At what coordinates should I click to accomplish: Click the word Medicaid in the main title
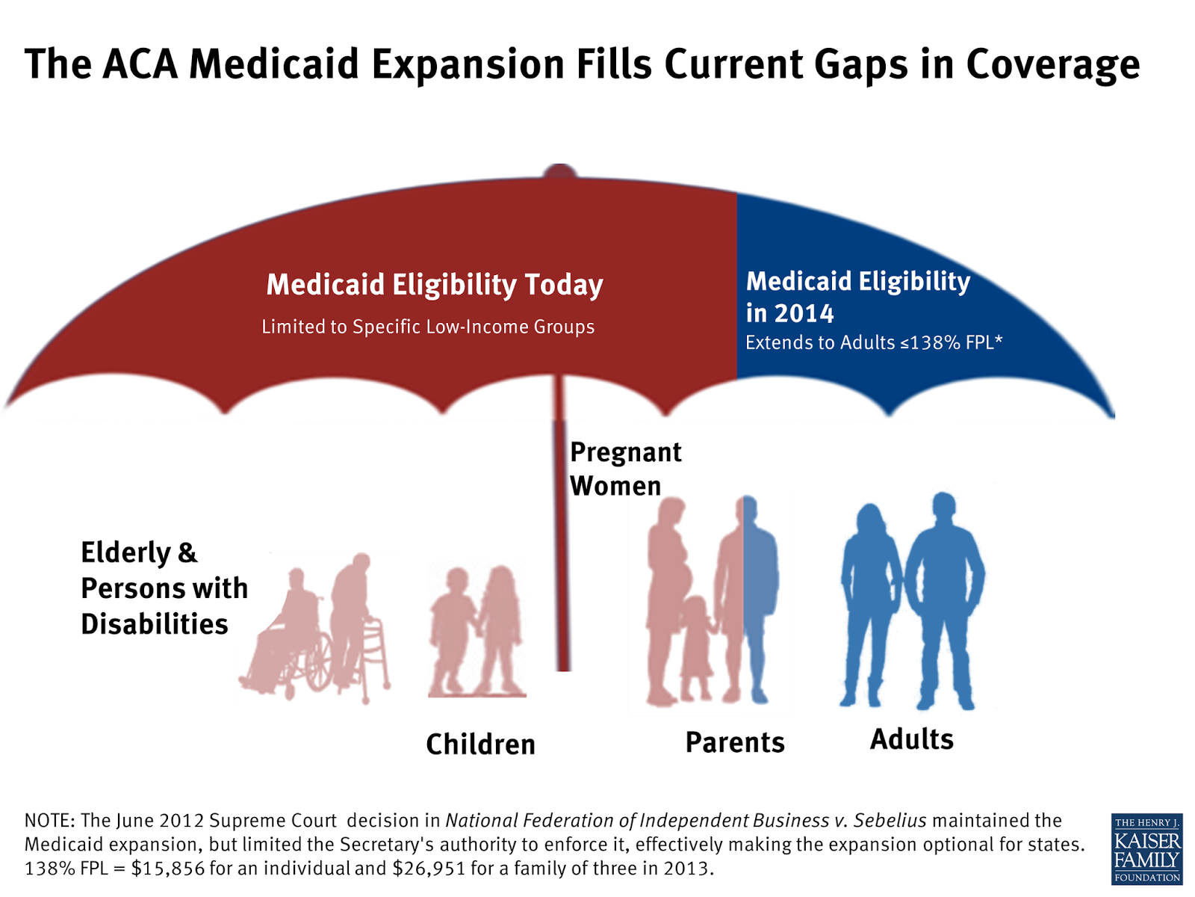coord(274,64)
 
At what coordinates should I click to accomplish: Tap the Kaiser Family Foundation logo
coord(1146,848)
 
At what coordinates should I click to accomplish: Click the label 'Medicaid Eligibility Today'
coord(435,285)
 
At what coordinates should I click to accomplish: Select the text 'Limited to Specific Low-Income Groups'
coord(428,327)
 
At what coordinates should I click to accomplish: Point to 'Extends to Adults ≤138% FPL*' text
coord(874,342)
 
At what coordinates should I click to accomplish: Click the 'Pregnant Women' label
coord(624,469)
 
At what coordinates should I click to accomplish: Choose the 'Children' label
coord(480,745)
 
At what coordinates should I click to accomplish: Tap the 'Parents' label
coord(735,742)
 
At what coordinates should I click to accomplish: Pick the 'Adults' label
coord(911,739)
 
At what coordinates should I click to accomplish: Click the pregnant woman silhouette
coord(667,583)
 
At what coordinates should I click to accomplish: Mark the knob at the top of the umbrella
coord(559,171)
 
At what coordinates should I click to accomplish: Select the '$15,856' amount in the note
coord(168,869)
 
